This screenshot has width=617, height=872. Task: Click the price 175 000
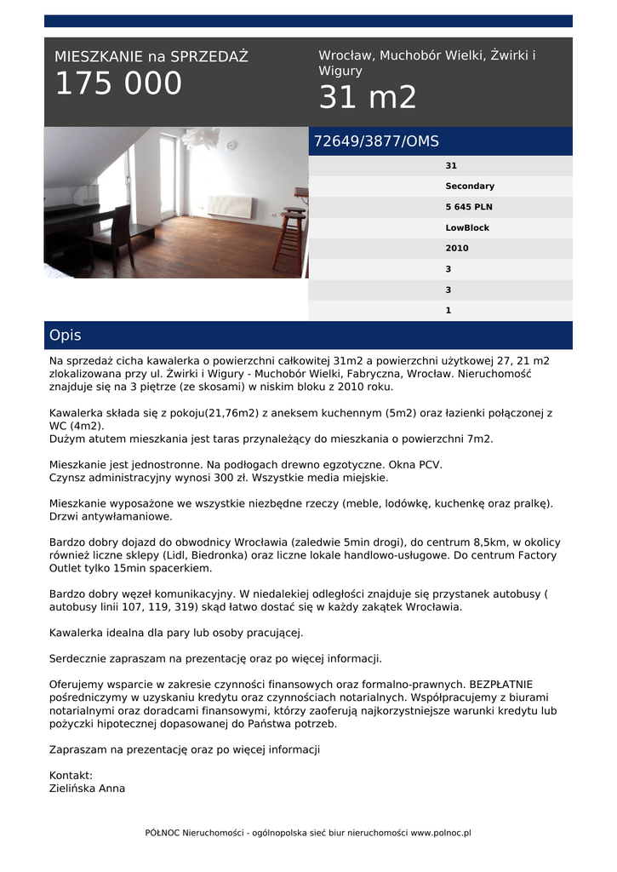118,84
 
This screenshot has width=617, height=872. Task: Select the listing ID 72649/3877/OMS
376,141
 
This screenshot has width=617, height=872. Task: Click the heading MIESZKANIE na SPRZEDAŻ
151,57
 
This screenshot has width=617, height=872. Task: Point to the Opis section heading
66,336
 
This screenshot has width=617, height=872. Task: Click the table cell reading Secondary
469,186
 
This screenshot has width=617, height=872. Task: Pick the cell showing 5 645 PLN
469,207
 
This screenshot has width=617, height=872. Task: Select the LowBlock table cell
467,228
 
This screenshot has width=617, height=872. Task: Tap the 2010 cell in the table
457,249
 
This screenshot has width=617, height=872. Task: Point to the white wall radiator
230,207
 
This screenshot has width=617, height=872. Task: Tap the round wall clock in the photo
231,146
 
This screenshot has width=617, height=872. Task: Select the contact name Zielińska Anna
88,789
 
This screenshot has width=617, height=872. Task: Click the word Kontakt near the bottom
71,776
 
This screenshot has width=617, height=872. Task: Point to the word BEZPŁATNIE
509,684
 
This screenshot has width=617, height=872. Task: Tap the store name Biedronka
222,555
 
